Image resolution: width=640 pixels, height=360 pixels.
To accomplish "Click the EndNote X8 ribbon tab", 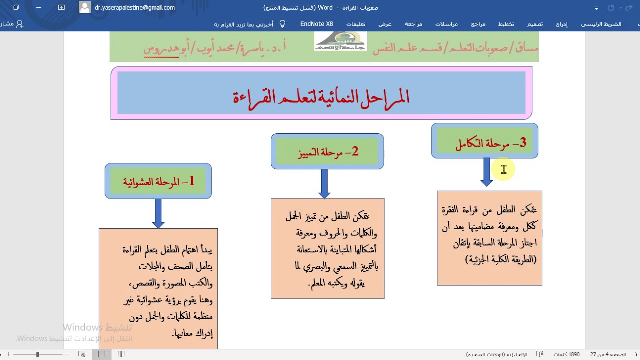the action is (316, 24).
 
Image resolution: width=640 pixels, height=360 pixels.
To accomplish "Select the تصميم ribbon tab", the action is (535, 24).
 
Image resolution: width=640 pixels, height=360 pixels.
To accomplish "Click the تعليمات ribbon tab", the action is (355, 24).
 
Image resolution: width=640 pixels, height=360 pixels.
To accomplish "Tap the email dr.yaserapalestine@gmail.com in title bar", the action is (135, 7).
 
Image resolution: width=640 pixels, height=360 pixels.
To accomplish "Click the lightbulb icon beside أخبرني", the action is (282, 24).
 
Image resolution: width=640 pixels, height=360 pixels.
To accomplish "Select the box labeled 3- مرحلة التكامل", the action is (484, 143).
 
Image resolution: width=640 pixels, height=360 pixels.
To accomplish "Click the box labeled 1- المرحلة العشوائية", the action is (158, 181).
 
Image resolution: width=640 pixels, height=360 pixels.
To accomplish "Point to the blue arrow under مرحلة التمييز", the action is (324, 183).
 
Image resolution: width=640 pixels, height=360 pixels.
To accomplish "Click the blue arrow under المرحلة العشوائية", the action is (158, 213).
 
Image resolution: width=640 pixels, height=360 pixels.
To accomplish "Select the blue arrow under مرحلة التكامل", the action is (487, 172).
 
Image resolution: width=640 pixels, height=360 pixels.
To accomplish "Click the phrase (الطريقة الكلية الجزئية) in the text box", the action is (501, 260).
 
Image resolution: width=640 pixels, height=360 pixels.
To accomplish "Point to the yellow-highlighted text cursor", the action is (503, 170).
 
